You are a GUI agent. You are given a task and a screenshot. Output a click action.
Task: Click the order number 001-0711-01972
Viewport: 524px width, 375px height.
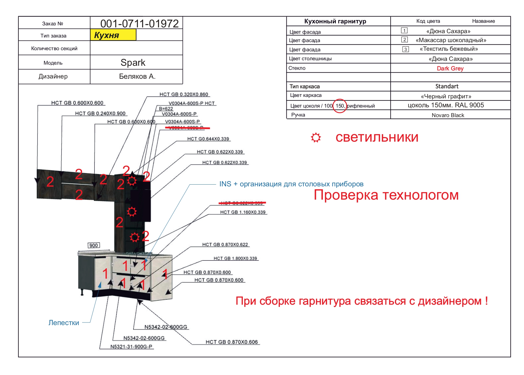(139, 23)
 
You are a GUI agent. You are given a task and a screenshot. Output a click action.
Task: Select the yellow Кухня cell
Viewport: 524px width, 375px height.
(113, 35)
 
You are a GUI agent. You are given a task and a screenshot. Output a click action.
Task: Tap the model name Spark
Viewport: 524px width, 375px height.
(133, 63)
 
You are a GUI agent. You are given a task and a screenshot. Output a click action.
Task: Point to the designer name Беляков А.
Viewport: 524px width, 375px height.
(137, 76)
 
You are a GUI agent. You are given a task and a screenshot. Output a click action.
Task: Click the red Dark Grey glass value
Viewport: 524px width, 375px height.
(450, 68)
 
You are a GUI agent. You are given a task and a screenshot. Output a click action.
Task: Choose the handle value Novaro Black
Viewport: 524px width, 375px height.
(448, 115)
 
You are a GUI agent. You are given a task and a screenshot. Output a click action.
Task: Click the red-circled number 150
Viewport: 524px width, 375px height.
(340, 106)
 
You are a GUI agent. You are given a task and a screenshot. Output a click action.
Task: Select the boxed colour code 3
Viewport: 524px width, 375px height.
(406, 49)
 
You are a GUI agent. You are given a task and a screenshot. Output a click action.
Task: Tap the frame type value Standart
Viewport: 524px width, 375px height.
(447, 86)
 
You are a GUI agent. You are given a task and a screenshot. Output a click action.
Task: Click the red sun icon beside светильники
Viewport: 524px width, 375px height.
(316, 138)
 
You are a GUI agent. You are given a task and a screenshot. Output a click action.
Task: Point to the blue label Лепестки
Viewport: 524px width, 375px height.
(64, 322)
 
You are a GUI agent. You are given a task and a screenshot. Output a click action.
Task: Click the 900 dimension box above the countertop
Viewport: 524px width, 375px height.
(94, 245)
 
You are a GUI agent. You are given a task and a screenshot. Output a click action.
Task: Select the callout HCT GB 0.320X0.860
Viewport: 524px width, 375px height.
(184, 94)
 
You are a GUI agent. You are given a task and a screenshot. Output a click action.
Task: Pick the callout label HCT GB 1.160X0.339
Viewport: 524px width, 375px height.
(243, 212)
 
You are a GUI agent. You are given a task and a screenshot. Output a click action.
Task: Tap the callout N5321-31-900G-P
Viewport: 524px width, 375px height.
(131, 346)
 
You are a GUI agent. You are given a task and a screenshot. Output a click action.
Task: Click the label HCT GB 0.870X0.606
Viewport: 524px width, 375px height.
(232, 342)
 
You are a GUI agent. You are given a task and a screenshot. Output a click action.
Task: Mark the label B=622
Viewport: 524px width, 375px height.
(166, 109)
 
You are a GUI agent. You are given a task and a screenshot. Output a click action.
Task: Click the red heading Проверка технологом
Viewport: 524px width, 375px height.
(386, 195)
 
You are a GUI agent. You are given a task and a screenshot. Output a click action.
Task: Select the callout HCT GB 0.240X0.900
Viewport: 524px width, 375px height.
(100, 113)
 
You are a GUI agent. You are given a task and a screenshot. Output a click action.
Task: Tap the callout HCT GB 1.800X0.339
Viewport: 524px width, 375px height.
(235, 258)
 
